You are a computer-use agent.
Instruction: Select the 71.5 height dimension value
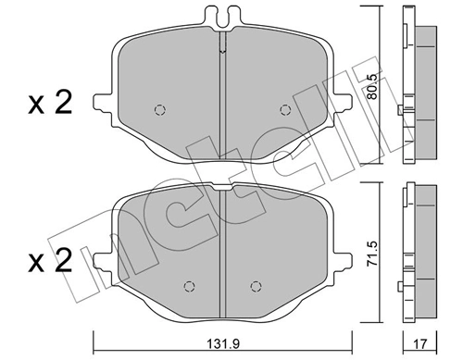tap(368, 254)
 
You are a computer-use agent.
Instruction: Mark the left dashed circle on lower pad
tap(189, 285)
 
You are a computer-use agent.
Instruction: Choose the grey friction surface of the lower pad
tap(222, 245)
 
